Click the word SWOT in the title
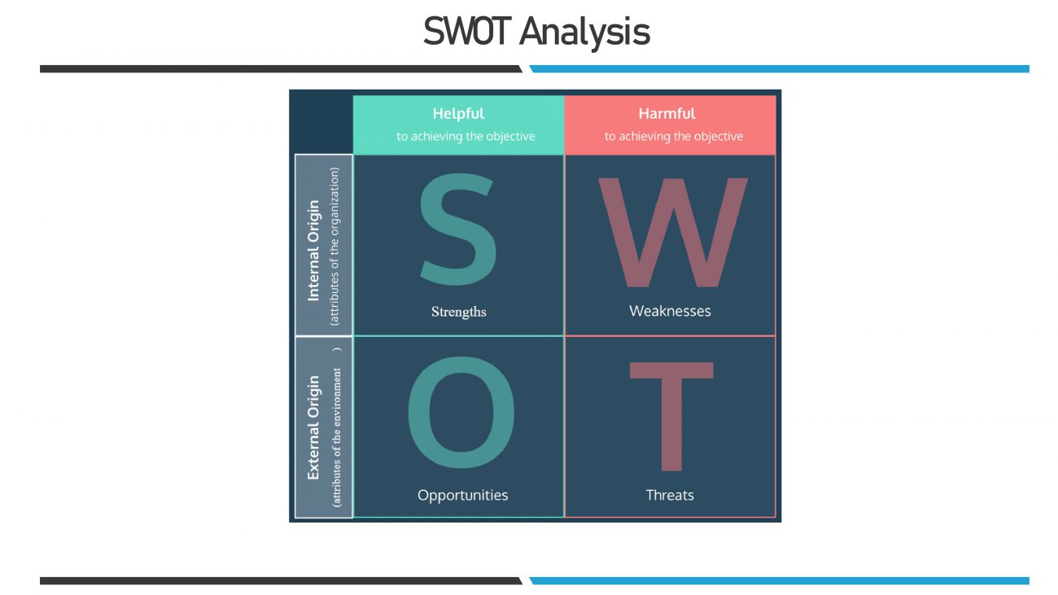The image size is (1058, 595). [467, 33]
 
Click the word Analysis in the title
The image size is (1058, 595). [584, 33]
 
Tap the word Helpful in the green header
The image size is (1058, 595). [458, 114]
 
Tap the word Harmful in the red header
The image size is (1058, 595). [667, 114]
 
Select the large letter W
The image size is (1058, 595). [672, 233]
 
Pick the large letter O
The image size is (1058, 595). [461, 415]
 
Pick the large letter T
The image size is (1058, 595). [671, 416]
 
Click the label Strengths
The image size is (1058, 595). [459, 312]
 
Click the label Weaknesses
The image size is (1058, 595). [670, 311]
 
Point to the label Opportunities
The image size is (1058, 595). [462, 495]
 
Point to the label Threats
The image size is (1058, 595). [670, 495]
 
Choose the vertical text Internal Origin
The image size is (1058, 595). [314, 251]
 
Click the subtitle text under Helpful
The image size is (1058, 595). [466, 137]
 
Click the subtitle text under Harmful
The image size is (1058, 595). [673, 137]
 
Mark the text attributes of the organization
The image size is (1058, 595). [334, 247]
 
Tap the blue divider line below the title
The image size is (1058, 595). [779, 69]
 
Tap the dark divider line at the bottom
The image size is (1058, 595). [281, 580]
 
